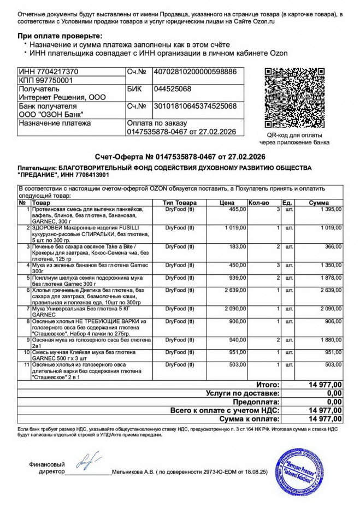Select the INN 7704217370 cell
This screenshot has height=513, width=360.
(x=49, y=72)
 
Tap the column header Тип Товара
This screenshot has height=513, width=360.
(x=180, y=203)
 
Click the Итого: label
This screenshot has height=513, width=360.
(x=268, y=385)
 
